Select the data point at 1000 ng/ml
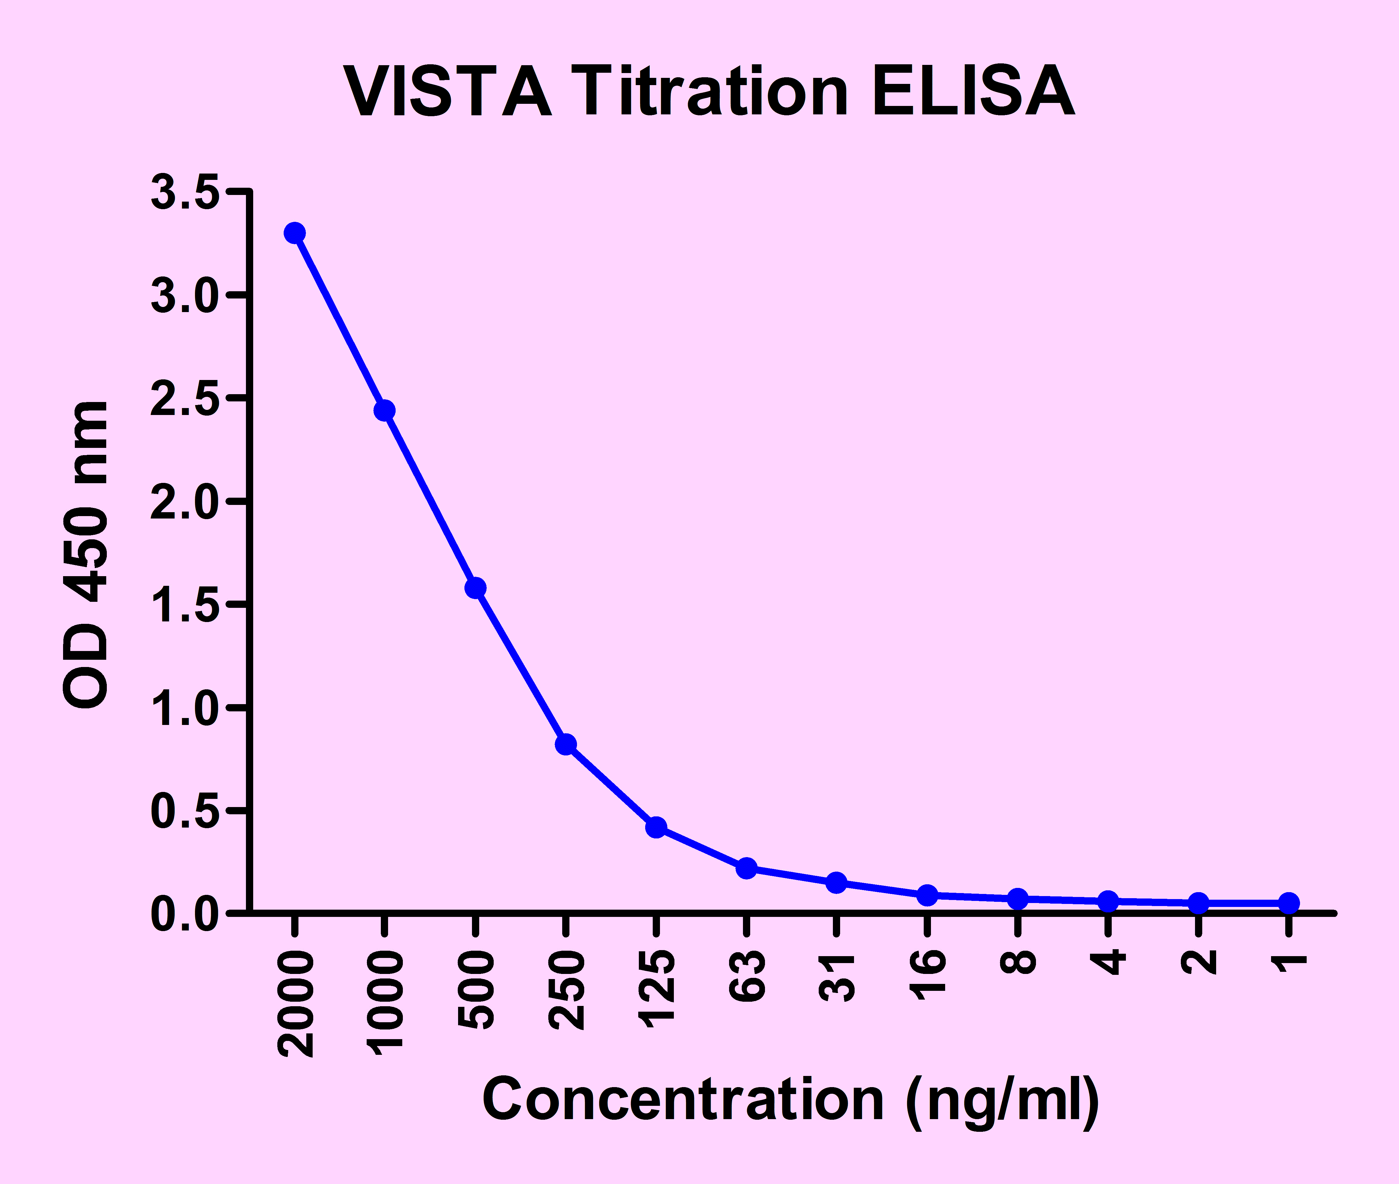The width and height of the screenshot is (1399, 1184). coord(384,410)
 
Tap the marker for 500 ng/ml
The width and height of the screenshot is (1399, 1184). coord(475,588)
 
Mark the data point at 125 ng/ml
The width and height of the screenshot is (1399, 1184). coord(656,827)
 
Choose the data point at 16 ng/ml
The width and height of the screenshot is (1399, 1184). coord(927,895)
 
